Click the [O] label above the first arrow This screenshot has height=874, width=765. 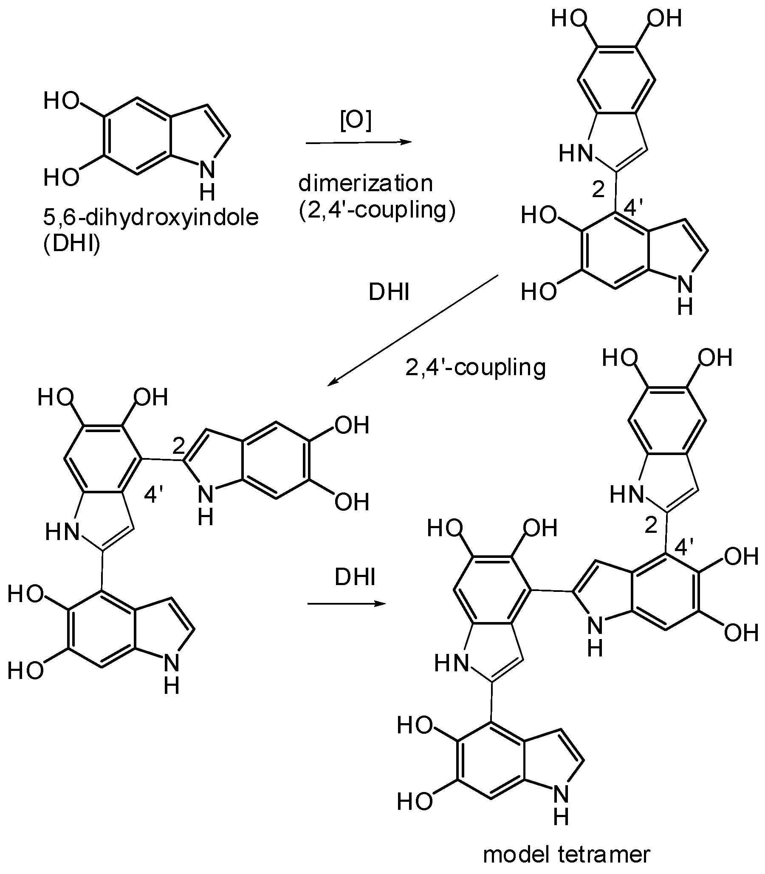coord(356,121)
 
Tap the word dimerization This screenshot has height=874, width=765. coord(365,184)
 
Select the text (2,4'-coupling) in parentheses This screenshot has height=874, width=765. coord(377,210)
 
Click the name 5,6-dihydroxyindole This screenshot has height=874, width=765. coord(151,218)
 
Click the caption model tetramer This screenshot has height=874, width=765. coord(567,853)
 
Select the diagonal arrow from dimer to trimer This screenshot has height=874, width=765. coord(413,331)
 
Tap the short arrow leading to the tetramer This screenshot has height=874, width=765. coord(346,604)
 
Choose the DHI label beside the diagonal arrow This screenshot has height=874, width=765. coord(389,293)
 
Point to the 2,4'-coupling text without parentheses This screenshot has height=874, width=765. coord(475,367)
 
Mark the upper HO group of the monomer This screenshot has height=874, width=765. coord(62,101)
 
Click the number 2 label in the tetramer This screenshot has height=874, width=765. coord(651,526)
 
